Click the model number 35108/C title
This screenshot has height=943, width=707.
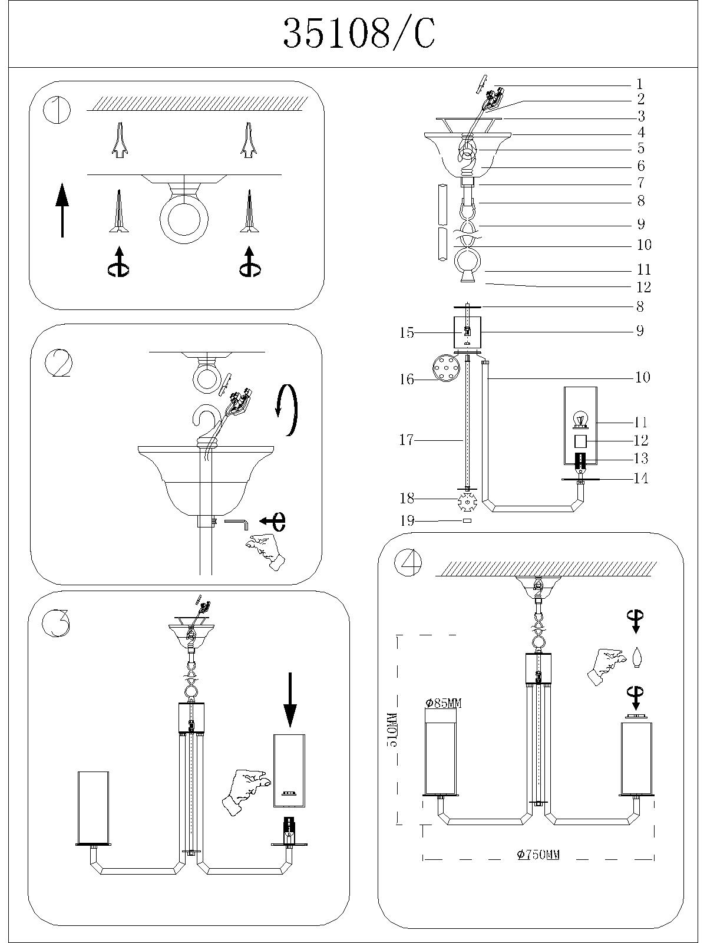[x=359, y=34]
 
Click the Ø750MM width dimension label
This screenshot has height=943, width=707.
[x=538, y=855]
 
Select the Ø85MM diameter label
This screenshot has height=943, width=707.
[x=443, y=703]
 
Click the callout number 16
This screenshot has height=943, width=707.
[x=407, y=379]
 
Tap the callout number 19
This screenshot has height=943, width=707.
[x=407, y=520]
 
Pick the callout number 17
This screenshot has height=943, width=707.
[x=407, y=440]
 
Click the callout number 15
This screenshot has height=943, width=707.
[x=407, y=332]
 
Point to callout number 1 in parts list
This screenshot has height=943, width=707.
[x=640, y=85]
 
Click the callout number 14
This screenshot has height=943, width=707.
[x=640, y=478]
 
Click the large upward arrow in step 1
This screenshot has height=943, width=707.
[x=62, y=210]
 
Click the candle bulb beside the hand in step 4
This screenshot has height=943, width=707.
[x=636, y=658]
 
